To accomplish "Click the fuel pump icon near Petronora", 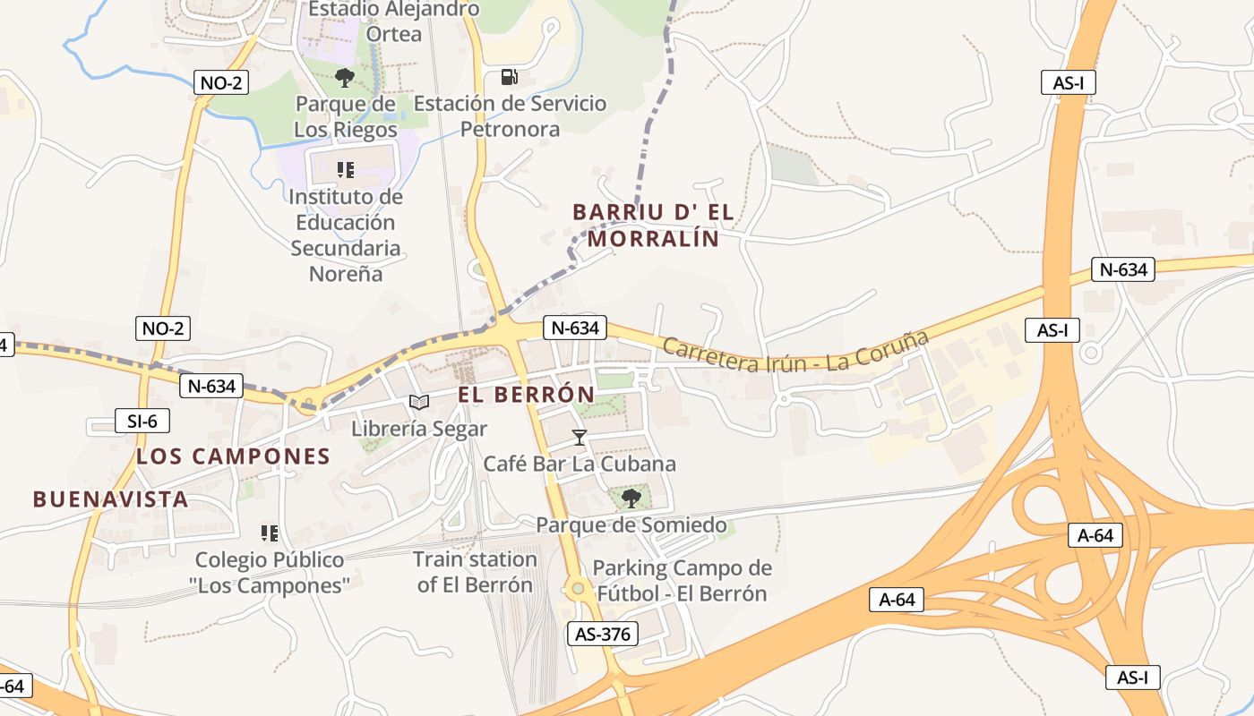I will tap(509, 77).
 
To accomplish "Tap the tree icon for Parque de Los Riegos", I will tap(344, 78).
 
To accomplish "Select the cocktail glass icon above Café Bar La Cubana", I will tap(579, 437).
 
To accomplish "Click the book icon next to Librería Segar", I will tap(418, 402).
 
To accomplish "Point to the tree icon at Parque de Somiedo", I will tap(631, 498).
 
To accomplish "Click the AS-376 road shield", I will tap(603, 635).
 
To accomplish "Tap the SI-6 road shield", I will tap(142, 421).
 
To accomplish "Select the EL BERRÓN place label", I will tap(526, 395).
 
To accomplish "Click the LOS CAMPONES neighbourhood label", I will tap(233, 456).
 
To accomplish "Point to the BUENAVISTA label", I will tap(110, 499).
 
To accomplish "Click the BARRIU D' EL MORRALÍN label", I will tap(653, 226).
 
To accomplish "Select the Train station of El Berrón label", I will tap(475, 572).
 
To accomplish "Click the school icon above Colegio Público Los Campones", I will tap(269, 533).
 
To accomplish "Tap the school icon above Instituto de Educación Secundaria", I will tap(345, 169).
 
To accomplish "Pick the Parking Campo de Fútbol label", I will tap(682, 580).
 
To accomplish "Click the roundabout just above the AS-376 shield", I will tap(578, 588).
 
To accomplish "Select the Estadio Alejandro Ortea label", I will tap(394, 21).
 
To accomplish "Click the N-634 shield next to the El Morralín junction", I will tap(574, 328).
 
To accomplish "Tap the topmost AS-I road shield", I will tap(1069, 83).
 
